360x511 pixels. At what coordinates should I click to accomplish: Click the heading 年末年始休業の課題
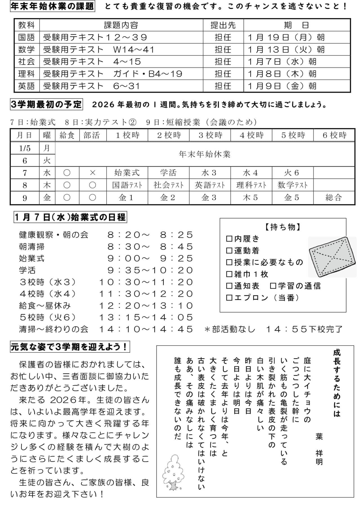point(52,6)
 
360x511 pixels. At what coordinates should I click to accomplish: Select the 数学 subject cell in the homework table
point(26,49)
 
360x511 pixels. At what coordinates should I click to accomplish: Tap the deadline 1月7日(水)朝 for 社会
point(282,62)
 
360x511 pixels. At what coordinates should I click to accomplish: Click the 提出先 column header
point(223,25)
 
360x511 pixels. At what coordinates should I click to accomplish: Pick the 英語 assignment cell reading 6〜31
point(127,86)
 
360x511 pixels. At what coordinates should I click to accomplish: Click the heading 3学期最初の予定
point(46,105)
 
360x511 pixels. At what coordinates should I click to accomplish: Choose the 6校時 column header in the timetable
point(334,135)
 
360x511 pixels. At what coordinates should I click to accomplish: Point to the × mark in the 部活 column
point(93,173)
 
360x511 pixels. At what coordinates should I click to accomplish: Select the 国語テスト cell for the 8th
point(127,185)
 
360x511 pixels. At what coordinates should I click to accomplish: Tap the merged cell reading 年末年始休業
point(204,154)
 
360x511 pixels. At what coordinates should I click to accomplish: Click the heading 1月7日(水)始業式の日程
point(70,217)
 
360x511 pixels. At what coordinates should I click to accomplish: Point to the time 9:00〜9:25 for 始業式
point(150,258)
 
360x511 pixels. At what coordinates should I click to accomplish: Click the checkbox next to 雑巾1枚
point(229,274)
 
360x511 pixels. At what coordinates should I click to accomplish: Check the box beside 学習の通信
point(273,286)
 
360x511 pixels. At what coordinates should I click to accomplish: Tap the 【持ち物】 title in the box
point(283,227)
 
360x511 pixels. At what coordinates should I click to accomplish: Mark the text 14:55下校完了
point(304,329)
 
